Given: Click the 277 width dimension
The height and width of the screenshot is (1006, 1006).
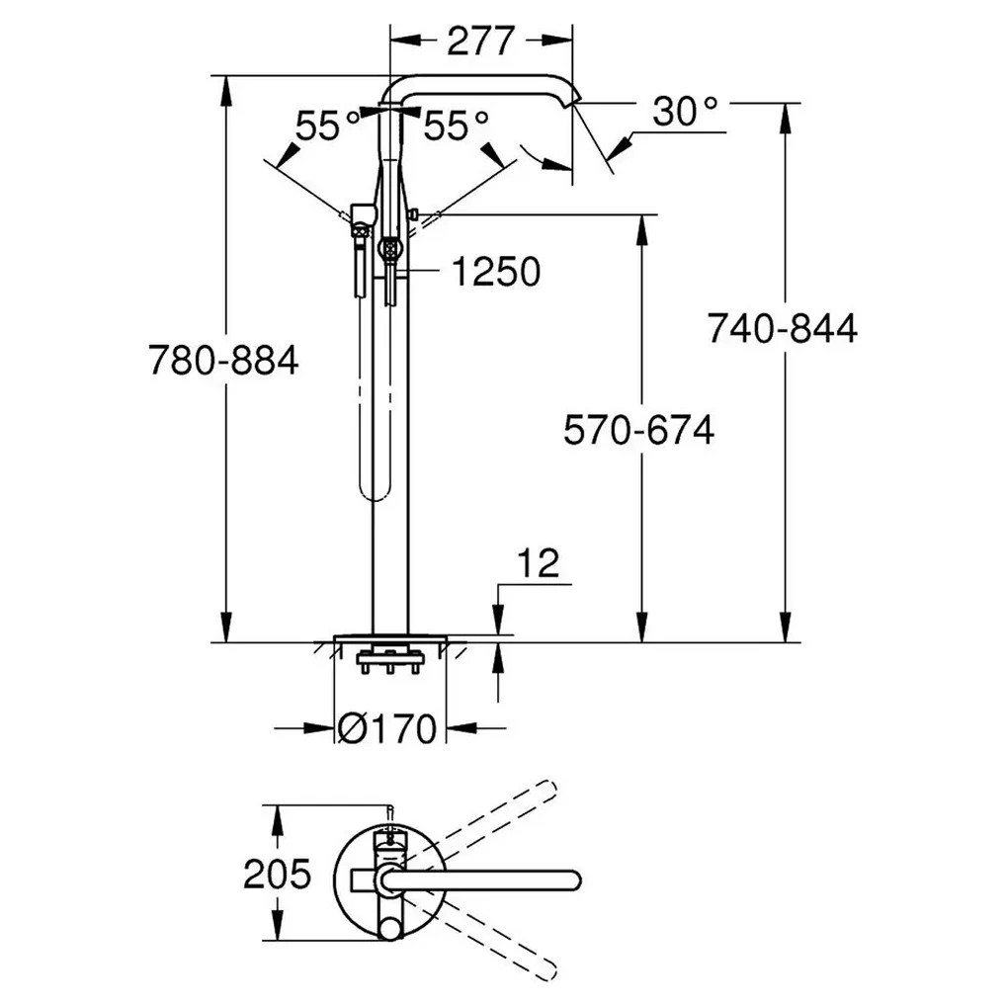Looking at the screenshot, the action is [x=480, y=42].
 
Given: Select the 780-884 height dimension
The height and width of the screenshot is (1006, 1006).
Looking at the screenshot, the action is [x=224, y=360].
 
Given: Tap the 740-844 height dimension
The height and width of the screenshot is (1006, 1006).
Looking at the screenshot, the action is [x=782, y=328].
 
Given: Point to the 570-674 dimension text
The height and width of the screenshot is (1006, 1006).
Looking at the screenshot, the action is [x=639, y=430].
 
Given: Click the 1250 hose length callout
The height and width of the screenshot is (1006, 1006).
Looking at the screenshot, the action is [x=496, y=272].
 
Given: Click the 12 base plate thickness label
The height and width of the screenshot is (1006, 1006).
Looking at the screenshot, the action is [x=539, y=563].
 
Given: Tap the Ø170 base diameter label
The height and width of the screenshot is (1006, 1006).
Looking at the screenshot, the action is [x=386, y=729].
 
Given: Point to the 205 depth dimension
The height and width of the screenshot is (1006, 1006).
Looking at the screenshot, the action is [x=277, y=874].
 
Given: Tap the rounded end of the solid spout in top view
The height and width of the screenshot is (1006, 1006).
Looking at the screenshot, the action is [x=573, y=880].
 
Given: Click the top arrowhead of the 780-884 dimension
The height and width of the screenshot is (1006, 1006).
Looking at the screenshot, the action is [x=225, y=92].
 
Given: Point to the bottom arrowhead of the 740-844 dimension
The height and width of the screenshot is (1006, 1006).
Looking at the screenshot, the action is [x=785, y=627].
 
